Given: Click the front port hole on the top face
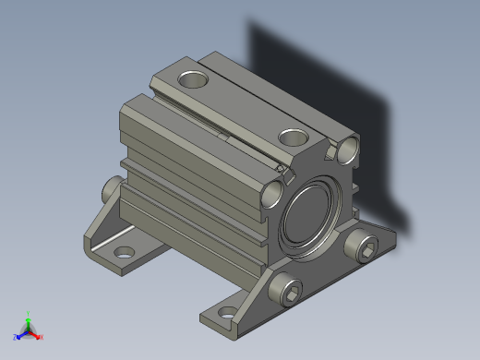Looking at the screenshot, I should pos(293,138).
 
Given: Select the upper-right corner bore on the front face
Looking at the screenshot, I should pos(349,148).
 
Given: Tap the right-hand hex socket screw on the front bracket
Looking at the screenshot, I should pos(365,246).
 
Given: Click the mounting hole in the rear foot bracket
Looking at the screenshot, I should pos(122,250).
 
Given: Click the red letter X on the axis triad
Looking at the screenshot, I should pos(42,337).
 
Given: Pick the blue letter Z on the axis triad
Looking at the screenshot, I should pos(16,337).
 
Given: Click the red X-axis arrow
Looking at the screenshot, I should pos(35,333).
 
